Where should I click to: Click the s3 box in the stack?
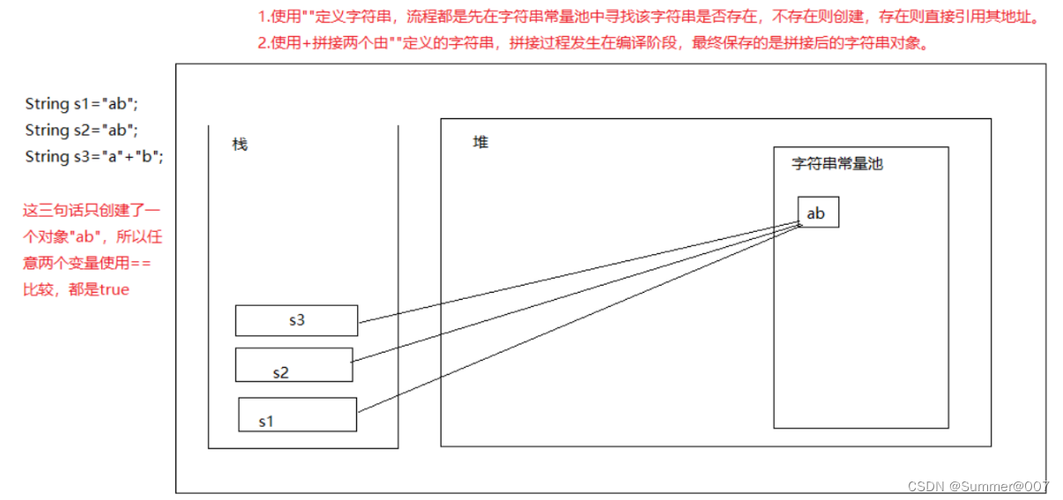(x=296, y=320)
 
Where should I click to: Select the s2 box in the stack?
(x=294, y=365)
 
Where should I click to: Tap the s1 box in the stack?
(x=297, y=414)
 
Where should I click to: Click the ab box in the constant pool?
(x=817, y=213)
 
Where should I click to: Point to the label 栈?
(x=240, y=144)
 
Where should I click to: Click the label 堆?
(x=480, y=142)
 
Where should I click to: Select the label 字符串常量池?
(x=837, y=164)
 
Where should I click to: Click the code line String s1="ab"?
(x=81, y=104)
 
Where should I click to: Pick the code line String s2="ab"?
(x=81, y=131)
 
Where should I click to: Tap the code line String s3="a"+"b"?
(x=93, y=157)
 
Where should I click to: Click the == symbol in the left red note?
(x=141, y=263)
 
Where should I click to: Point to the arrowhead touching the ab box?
(x=799, y=224)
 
